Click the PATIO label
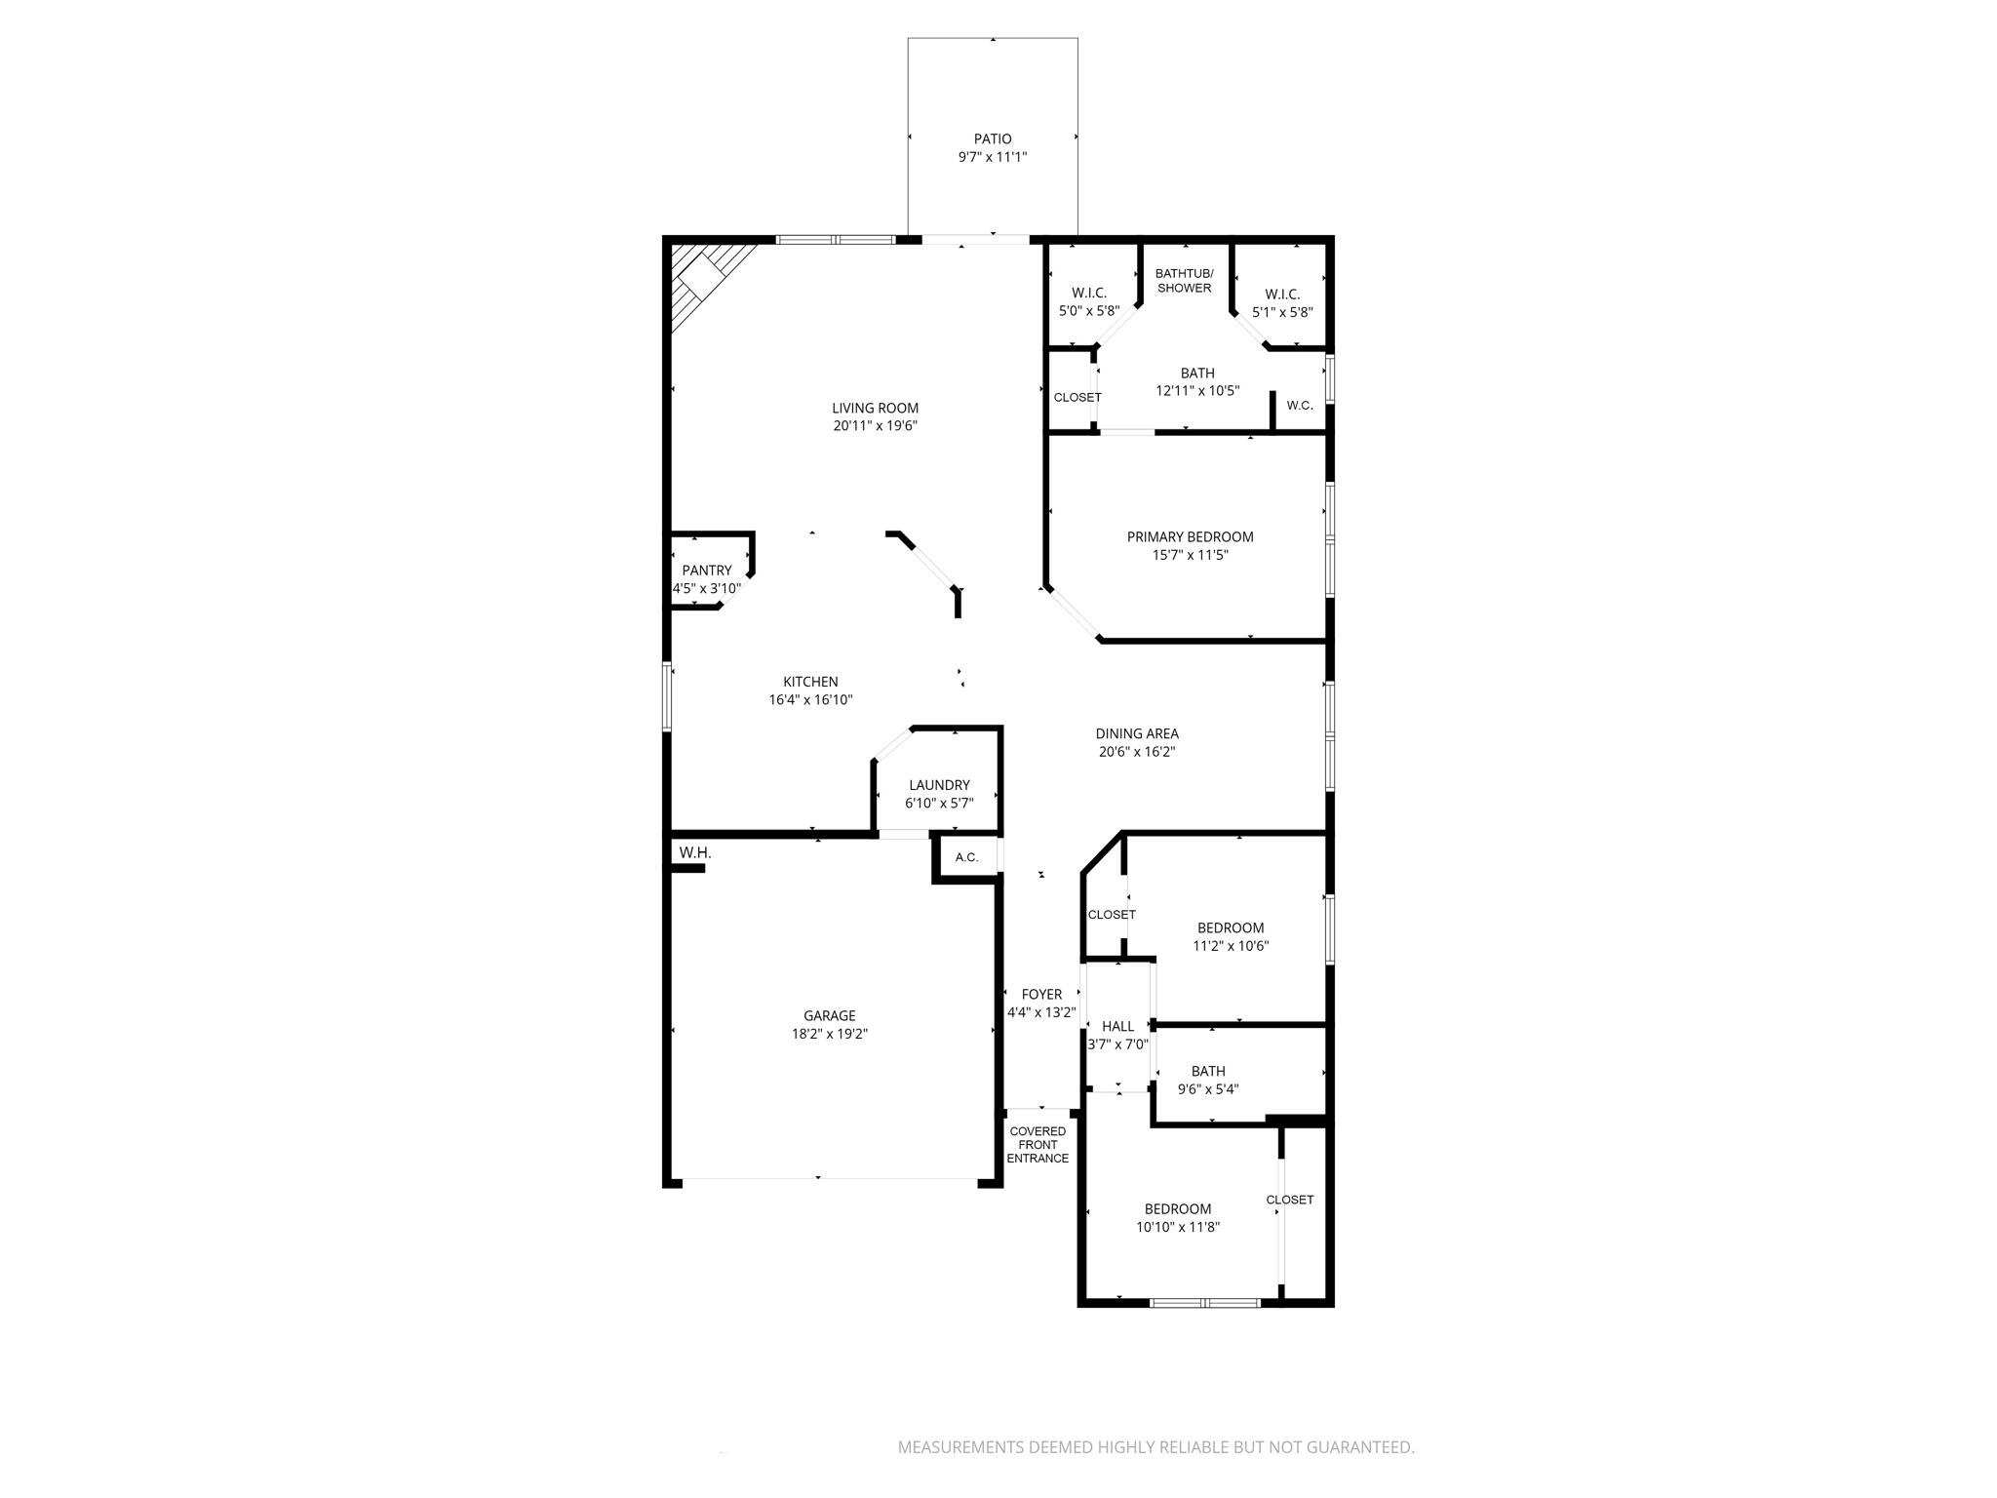click(993, 139)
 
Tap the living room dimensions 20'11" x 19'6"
click(875, 426)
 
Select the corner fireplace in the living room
click(704, 279)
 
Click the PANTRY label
click(707, 571)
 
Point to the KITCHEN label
click(810, 682)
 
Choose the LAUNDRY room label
click(939, 785)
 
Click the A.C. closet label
click(966, 858)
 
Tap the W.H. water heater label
click(695, 853)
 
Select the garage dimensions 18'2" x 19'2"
click(829, 1034)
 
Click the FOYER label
click(1041, 995)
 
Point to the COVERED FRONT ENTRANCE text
click(1038, 1145)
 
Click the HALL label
click(1117, 1026)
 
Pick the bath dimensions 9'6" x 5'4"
click(1208, 1089)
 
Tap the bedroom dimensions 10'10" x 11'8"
click(1178, 1227)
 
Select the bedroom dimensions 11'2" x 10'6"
click(1231, 946)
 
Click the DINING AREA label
click(1137, 733)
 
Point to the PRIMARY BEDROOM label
click(1190, 536)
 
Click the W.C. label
click(1299, 406)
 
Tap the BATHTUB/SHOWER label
click(1184, 281)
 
